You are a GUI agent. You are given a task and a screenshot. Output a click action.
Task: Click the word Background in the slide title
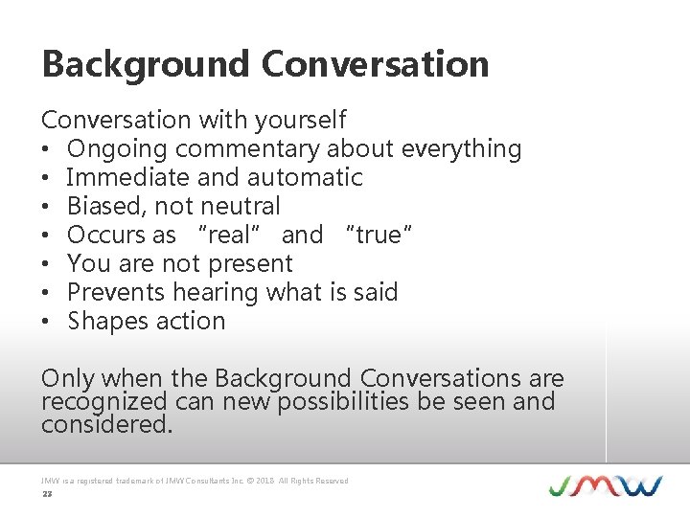146,64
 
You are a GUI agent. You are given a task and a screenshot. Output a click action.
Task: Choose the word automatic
305,178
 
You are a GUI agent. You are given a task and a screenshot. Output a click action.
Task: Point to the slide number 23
46,495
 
